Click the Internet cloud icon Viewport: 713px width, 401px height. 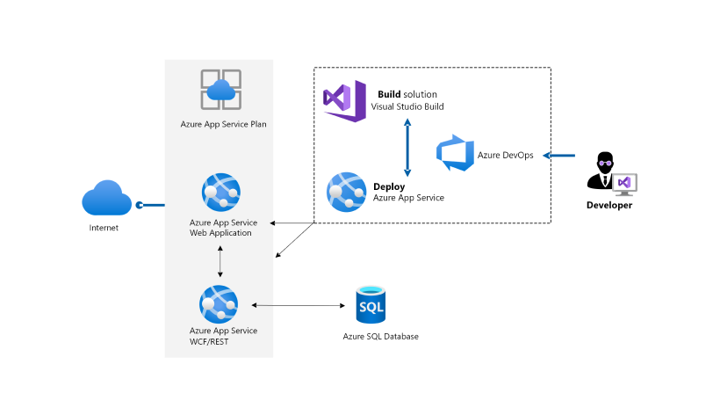[107, 198]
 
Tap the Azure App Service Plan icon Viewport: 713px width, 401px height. [219, 89]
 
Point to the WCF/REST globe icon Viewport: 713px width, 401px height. [219, 304]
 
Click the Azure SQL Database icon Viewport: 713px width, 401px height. [371, 305]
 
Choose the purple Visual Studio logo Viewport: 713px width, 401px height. [344, 99]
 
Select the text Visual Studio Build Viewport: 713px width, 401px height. [407, 106]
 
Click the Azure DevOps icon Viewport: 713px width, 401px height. [455, 154]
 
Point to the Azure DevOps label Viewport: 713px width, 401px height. [505, 156]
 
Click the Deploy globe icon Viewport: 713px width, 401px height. [346, 191]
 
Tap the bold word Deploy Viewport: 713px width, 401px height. [389, 186]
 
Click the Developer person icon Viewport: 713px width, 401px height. [608, 171]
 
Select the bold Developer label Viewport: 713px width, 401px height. [609, 205]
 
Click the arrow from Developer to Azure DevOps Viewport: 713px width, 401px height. [558, 156]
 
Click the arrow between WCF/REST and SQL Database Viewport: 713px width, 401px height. [298, 305]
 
